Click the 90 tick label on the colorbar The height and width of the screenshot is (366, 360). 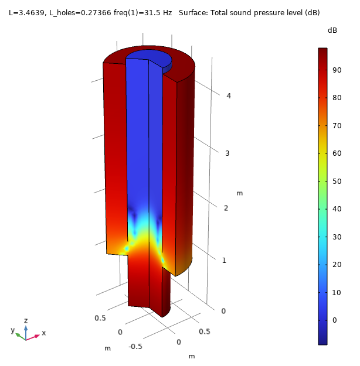[x=337, y=70]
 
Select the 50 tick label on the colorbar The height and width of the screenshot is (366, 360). [x=337, y=182]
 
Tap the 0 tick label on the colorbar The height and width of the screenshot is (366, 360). [x=335, y=320]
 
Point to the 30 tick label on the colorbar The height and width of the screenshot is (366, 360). [x=337, y=237]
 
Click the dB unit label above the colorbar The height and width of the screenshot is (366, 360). [x=332, y=30]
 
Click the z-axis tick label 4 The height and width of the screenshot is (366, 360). [x=229, y=95]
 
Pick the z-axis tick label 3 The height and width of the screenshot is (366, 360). [x=227, y=153]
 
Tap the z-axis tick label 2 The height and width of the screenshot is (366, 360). [x=226, y=208]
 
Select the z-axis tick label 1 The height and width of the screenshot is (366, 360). [x=224, y=260]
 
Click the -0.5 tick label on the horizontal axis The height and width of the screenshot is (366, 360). [x=135, y=347]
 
